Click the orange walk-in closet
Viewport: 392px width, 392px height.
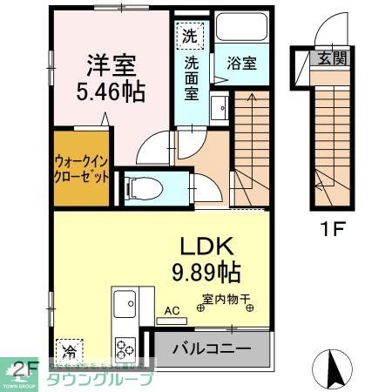[x=81, y=167]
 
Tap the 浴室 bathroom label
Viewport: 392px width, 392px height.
[x=240, y=64]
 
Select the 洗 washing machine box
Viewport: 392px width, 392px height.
[x=190, y=37]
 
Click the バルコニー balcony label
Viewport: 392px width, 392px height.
[x=211, y=349]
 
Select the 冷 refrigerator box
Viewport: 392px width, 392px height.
[x=68, y=350]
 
